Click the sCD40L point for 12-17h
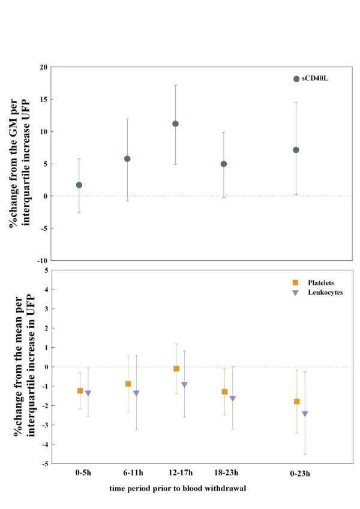tap(175, 124)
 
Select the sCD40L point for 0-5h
tap(79, 185)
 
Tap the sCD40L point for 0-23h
tap(296, 150)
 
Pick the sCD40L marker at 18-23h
tap(224, 164)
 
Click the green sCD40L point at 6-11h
tap(127, 159)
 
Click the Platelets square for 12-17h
tap(176, 369)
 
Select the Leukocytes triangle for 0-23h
tap(305, 414)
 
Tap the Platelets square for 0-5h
tap(80, 391)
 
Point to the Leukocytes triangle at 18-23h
tap(233, 399)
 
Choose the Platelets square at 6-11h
tap(128, 384)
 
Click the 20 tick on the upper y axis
tap(43, 67)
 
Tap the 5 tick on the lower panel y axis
tap(46, 271)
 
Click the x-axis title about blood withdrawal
tap(178, 489)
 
